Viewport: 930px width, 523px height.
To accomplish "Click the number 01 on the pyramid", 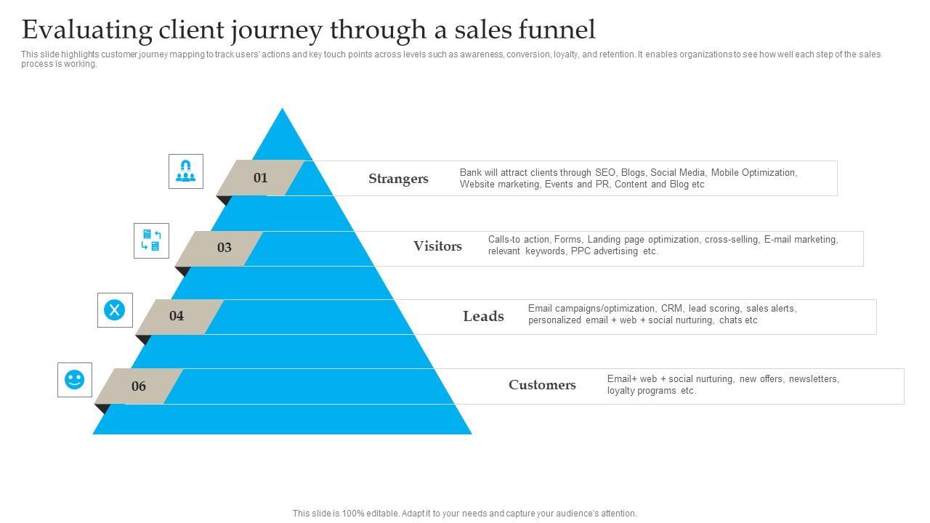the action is pyautogui.click(x=260, y=178).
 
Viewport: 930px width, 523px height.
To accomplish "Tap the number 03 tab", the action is pyautogui.click(x=224, y=248).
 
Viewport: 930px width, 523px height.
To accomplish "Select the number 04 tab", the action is pyautogui.click(x=177, y=316).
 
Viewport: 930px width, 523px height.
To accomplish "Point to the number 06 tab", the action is pyautogui.click(x=138, y=386).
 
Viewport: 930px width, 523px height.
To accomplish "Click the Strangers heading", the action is pyautogui.click(x=398, y=179).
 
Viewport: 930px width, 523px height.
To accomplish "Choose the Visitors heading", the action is pyautogui.click(x=437, y=246).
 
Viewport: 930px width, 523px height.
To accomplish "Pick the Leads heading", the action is pyautogui.click(x=483, y=317).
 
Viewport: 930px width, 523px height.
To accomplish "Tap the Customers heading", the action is pyautogui.click(x=542, y=385).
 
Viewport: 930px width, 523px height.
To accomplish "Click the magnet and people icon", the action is pyautogui.click(x=186, y=171).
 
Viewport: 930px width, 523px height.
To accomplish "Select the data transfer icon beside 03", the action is pyautogui.click(x=151, y=240).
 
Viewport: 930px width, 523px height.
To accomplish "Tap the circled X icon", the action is pyautogui.click(x=115, y=310).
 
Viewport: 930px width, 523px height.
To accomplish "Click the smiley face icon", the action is pyautogui.click(x=75, y=379).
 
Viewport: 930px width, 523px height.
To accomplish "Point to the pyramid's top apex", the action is pyautogui.click(x=283, y=110).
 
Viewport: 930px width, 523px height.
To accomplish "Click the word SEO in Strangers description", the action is pyautogui.click(x=605, y=173).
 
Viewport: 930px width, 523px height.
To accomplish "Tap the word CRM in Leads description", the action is pyautogui.click(x=671, y=309).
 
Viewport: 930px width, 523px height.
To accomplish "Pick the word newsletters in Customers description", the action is pyautogui.click(x=814, y=379).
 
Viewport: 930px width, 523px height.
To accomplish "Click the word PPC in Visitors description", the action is pyautogui.click(x=581, y=251).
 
